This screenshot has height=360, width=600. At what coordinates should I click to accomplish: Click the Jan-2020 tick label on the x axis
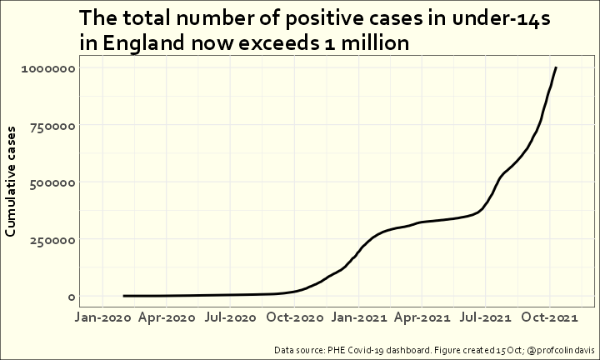[102, 317]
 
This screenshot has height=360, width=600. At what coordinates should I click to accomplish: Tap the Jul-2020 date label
[231, 317]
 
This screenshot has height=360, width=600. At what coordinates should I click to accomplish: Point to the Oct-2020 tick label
[295, 317]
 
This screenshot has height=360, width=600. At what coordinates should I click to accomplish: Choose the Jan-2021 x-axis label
[359, 317]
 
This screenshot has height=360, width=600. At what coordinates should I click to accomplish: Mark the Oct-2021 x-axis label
[550, 317]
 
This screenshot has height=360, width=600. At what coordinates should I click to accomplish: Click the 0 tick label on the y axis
[72, 297]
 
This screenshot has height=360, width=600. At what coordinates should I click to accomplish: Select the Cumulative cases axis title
[12, 182]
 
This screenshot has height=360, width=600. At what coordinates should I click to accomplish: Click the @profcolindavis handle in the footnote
[557, 349]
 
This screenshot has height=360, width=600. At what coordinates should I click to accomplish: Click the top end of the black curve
[556, 67]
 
